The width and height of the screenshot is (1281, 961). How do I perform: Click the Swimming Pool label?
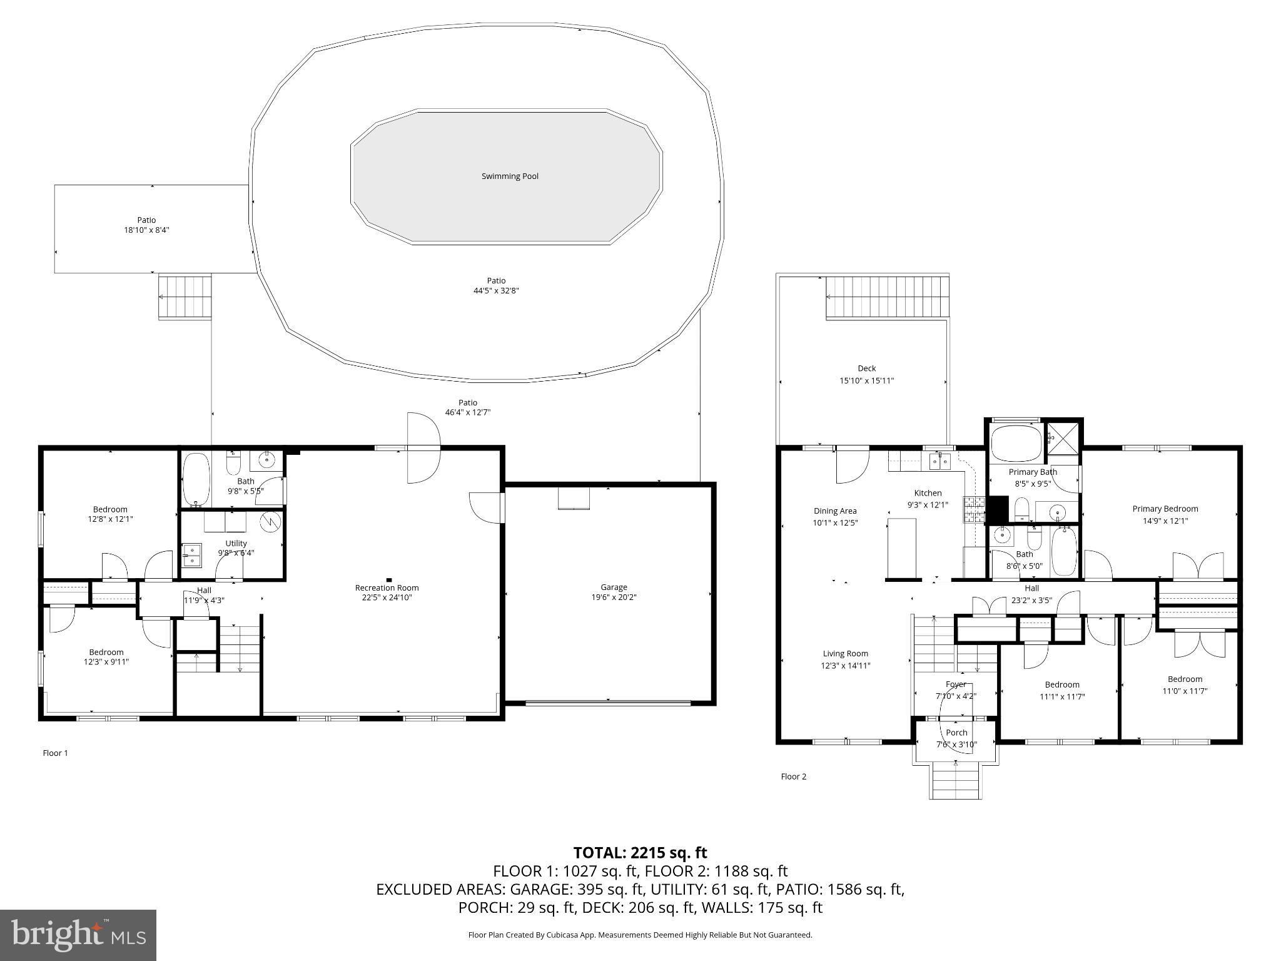click(x=510, y=176)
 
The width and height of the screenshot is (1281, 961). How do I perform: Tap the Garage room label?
click(x=614, y=587)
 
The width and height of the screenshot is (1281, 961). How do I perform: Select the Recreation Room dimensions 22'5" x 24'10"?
click(x=387, y=597)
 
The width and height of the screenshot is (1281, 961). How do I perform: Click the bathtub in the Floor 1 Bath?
click(x=196, y=480)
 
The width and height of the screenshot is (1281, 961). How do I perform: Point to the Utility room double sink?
click(x=191, y=555)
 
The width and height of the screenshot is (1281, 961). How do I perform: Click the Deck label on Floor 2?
click(x=866, y=369)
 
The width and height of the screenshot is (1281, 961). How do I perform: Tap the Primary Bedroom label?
click(x=1165, y=509)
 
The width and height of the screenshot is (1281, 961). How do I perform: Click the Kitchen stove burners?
click(x=973, y=509)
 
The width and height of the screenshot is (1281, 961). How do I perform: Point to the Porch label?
click(x=956, y=733)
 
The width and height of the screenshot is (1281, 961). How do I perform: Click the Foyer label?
click(x=956, y=684)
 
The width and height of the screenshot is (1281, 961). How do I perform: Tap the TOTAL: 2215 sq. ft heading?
click(x=640, y=852)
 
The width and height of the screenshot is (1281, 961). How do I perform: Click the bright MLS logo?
click(x=78, y=935)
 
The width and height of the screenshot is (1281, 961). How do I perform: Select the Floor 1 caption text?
click(x=55, y=753)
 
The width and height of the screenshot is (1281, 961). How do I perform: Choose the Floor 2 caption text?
click(x=793, y=776)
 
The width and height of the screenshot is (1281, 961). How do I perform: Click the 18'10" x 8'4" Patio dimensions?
click(x=146, y=230)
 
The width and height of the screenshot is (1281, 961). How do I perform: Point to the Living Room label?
click(x=845, y=654)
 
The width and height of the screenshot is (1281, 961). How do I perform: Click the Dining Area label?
click(x=835, y=511)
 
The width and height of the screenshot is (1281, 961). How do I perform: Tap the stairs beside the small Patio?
click(x=185, y=297)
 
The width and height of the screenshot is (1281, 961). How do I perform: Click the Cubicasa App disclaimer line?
click(x=640, y=935)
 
